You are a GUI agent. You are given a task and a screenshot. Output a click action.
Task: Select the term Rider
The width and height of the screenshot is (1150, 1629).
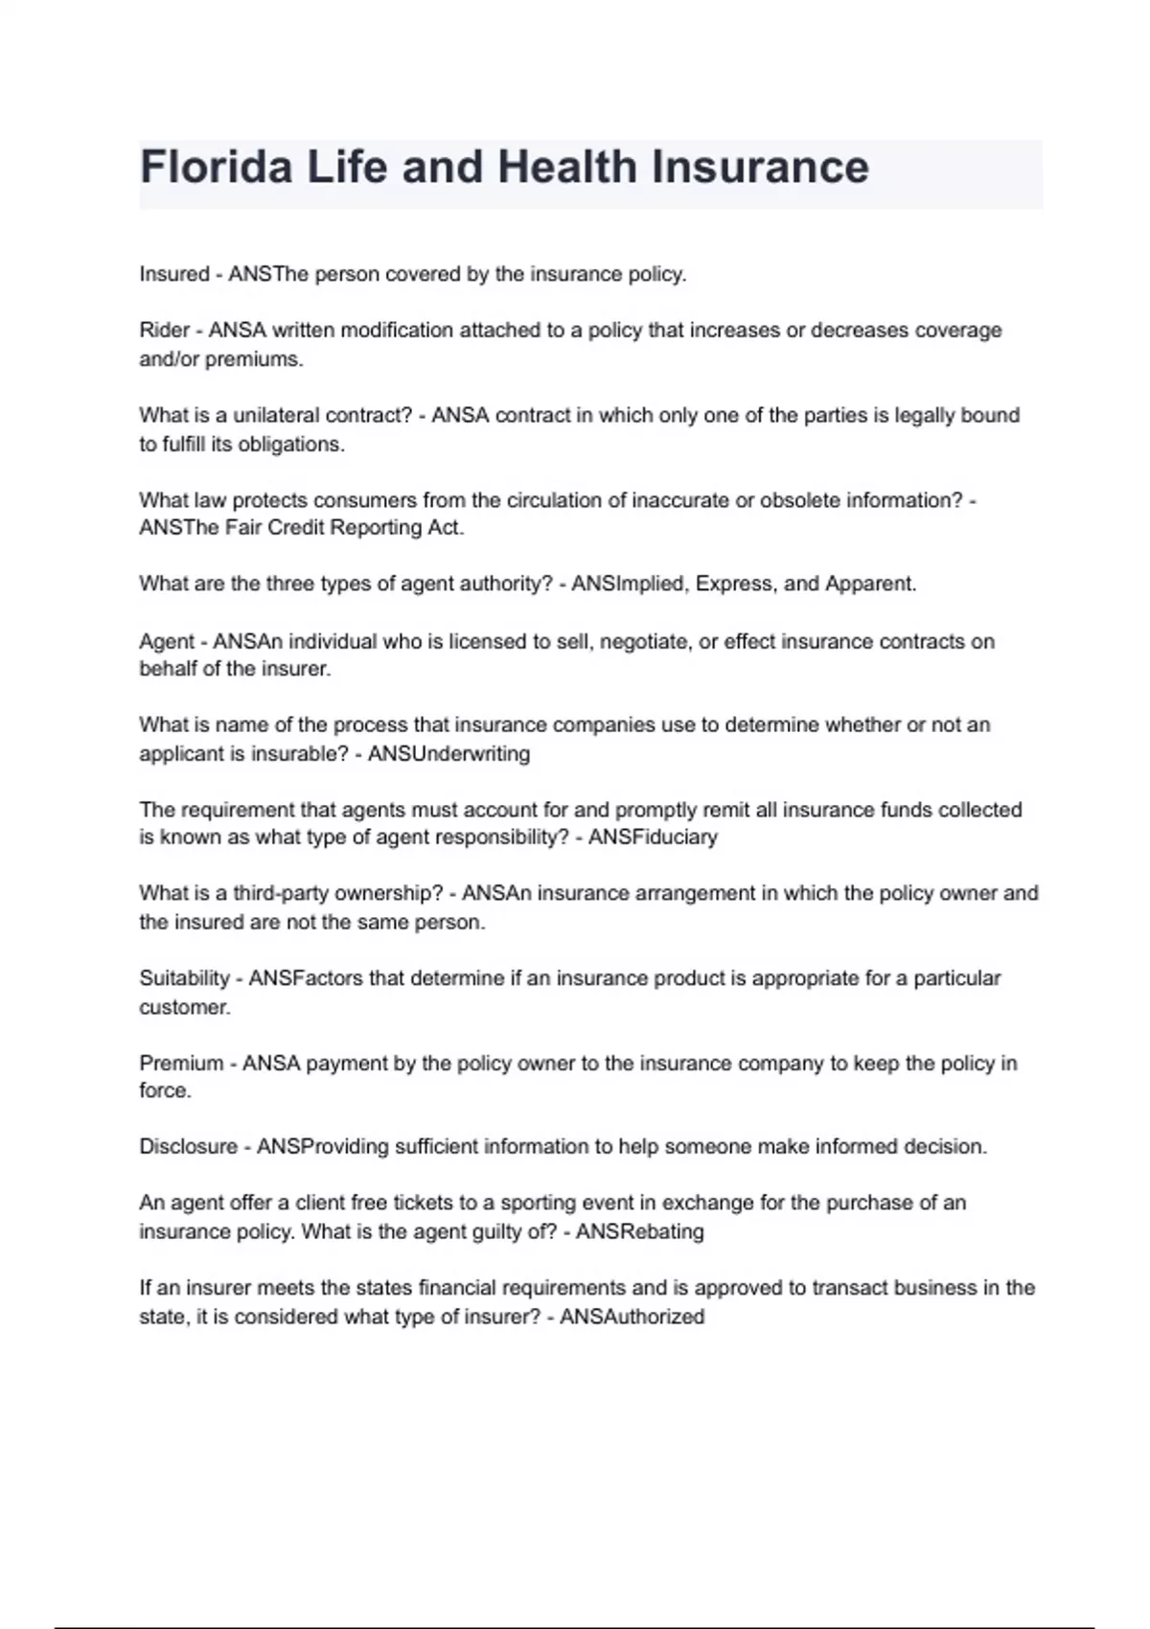coord(164,331)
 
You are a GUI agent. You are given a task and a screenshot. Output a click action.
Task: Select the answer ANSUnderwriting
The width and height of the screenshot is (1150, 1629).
coord(448,754)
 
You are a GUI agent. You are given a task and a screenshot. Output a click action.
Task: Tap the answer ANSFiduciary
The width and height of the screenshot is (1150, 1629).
coord(653,837)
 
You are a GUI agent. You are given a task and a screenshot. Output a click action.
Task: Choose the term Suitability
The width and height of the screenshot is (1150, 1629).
coord(184,978)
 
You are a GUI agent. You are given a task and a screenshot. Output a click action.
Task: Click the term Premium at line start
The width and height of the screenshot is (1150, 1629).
coord(181,1064)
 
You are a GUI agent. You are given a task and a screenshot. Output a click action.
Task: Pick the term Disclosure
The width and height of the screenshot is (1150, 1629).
coord(188,1147)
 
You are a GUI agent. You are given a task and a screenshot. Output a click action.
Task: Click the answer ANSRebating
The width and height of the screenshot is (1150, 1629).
coord(639,1232)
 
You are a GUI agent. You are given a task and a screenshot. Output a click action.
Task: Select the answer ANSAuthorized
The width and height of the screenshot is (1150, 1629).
coord(632,1318)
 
